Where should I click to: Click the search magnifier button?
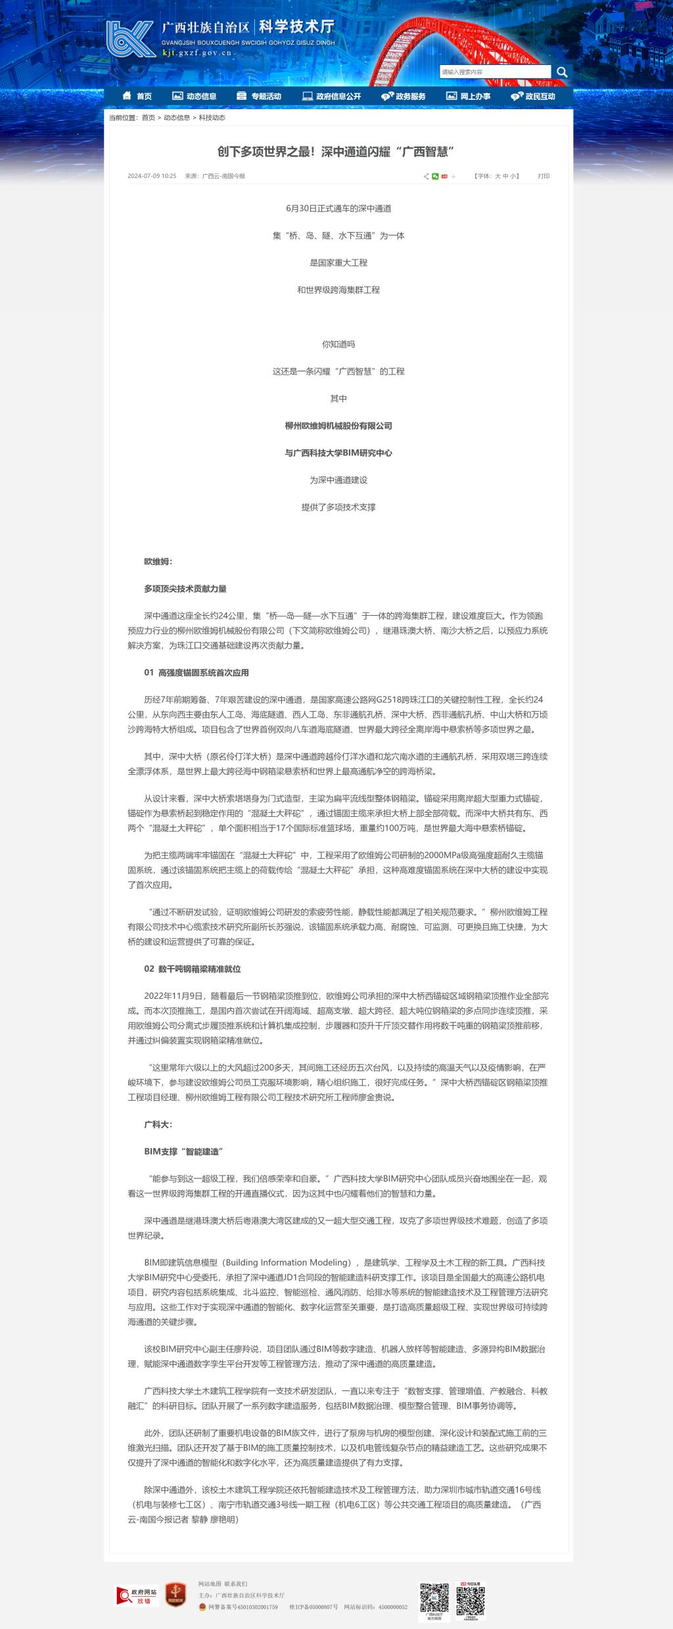click(562, 72)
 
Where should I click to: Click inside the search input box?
click(495, 72)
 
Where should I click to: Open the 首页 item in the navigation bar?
click(137, 97)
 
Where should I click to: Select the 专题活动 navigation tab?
click(259, 97)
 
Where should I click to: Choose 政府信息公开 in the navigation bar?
click(332, 97)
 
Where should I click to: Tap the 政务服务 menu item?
click(404, 97)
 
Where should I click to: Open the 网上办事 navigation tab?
click(469, 97)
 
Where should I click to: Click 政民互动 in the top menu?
click(533, 97)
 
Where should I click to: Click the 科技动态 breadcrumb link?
click(212, 118)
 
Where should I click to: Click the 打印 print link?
click(544, 176)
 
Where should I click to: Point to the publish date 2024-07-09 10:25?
click(152, 176)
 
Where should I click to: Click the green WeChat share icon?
click(435, 176)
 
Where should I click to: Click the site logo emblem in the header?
click(131, 39)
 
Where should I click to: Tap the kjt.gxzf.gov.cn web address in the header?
click(197, 53)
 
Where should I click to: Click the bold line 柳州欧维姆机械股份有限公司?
click(338, 426)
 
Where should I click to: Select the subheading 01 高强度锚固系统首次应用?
click(197, 673)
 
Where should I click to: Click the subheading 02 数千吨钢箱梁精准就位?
click(193, 969)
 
